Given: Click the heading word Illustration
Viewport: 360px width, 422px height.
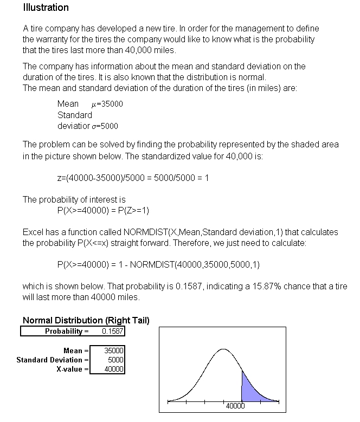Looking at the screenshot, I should click(46, 8).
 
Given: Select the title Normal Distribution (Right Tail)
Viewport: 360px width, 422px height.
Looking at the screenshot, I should click(86, 320).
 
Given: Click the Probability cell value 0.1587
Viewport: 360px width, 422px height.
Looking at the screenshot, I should click(112, 331).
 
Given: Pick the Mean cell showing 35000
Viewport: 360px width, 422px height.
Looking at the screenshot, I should click(114, 350).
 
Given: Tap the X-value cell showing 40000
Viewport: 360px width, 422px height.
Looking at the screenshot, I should click(114, 369).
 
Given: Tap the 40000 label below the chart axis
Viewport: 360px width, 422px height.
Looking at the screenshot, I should click(235, 406).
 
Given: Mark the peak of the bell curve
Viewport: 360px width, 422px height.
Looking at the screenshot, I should click(223, 349).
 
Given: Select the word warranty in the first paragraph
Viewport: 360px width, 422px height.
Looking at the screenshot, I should click(53, 39).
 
